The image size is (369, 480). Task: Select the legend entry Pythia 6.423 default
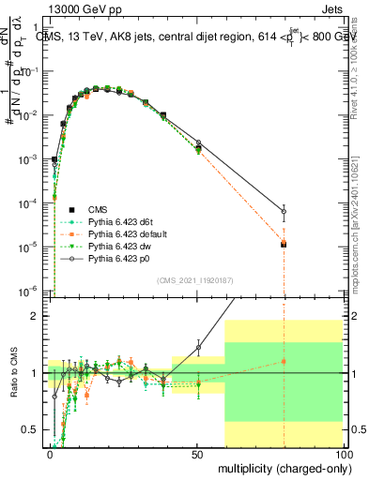(x=122, y=232)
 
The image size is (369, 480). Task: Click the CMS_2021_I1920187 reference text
(x=195, y=279)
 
